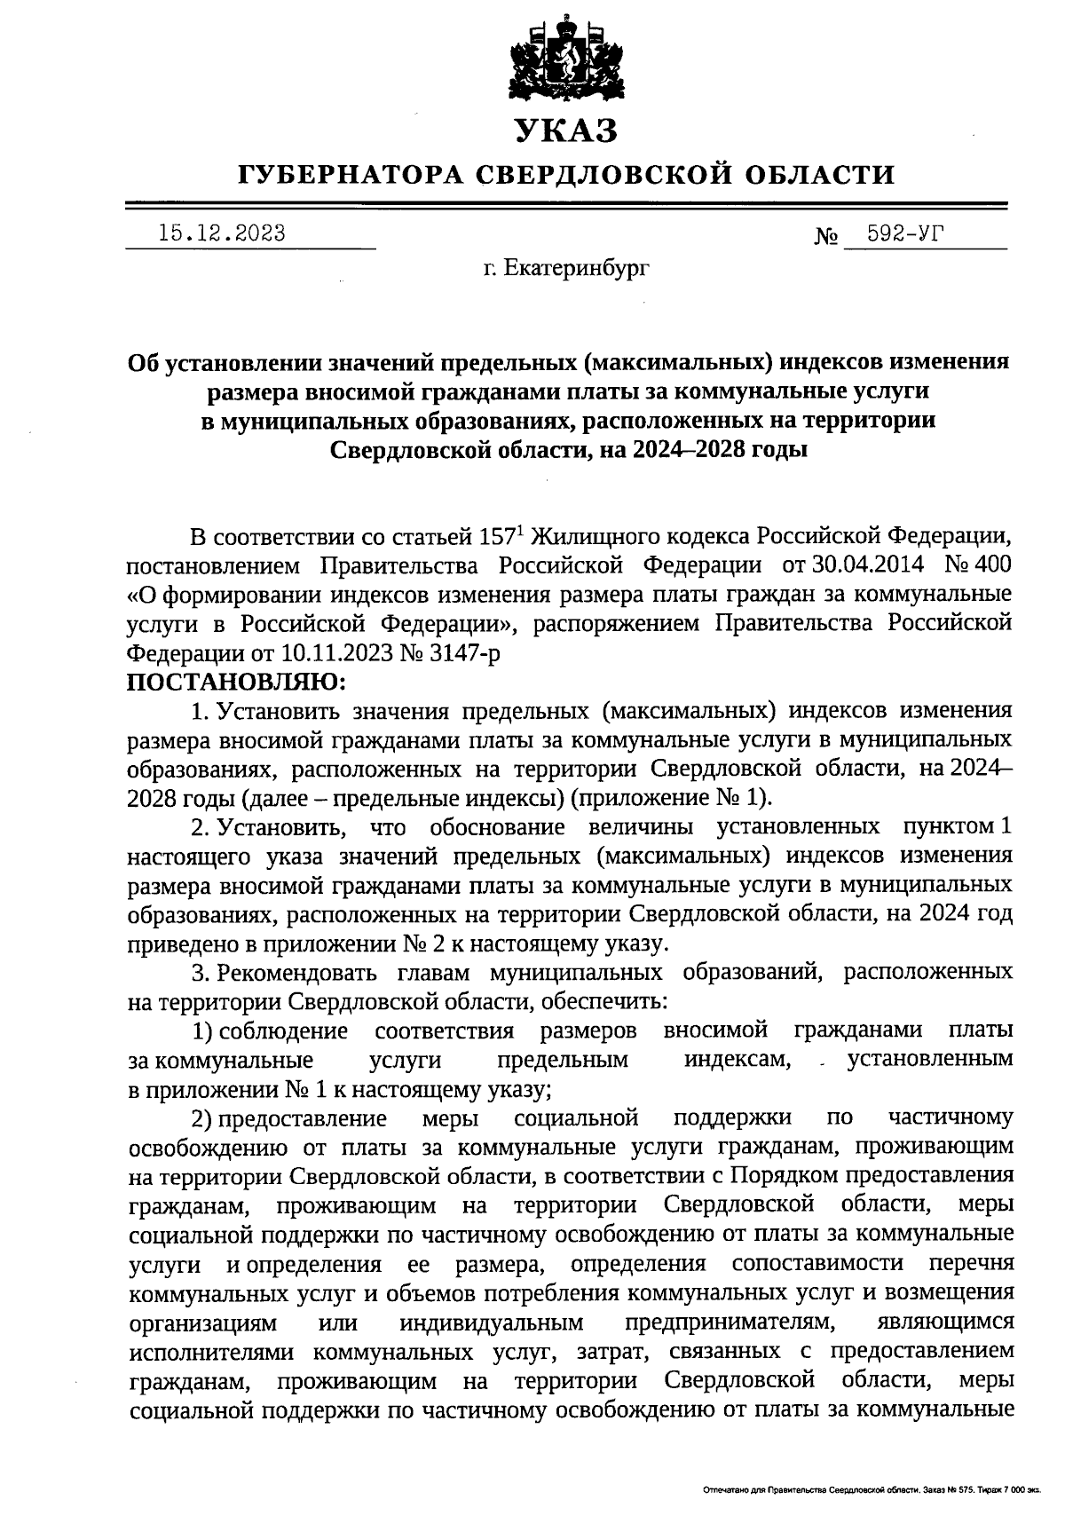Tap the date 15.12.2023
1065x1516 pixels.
[x=222, y=233]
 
